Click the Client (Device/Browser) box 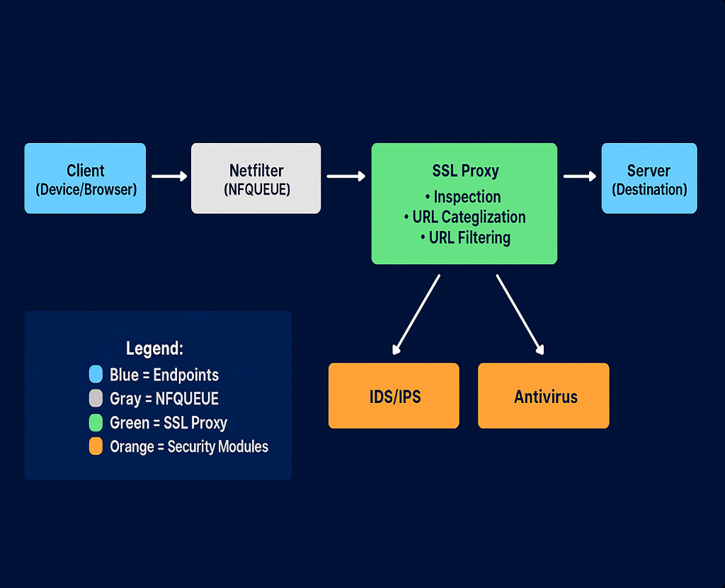[85, 179]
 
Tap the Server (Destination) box [649, 179]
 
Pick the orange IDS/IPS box [394, 396]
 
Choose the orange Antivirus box [544, 396]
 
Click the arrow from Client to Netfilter [169, 176]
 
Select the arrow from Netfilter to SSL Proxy [346, 176]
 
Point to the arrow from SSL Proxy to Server [580, 176]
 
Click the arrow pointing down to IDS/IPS [416, 314]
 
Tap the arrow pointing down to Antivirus [520, 314]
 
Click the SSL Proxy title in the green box [465, 171]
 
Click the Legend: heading [154, 349]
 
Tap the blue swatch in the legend [96, 375]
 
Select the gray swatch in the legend [96, 399]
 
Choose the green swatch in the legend [96, 423]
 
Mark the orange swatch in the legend [96, 447]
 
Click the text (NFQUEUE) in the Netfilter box [256, 190]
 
